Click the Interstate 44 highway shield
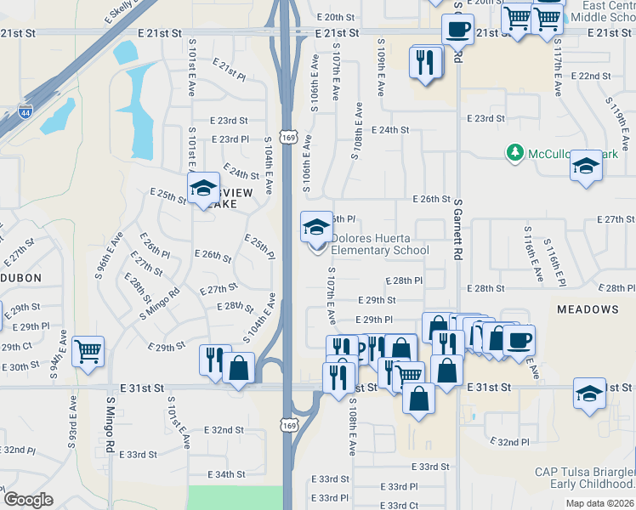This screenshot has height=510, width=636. tap(25, 110)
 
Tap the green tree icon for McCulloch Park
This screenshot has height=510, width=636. tap(514, 153)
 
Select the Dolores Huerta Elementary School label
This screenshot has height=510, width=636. tap(379, 244)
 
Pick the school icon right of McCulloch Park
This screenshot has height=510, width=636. tap(586, 166)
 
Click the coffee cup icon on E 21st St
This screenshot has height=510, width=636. tap(457, 30)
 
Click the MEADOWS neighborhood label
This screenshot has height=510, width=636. tap(588, 309)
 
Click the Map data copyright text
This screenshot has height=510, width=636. tap(600, 502)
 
